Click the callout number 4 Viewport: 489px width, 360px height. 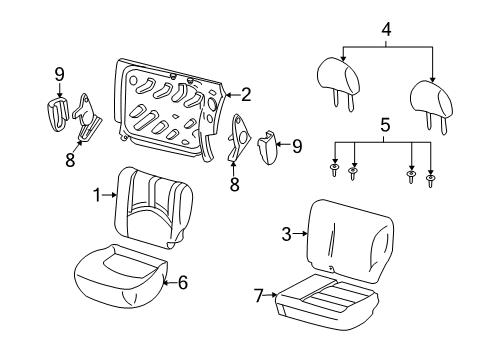pos(386,30)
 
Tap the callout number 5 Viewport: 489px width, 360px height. pos(385,125)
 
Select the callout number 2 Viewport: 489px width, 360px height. pos(246,95)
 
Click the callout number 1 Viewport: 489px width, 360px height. pos(97,195)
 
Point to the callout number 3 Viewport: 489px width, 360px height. pos(286,234)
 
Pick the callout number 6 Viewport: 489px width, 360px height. pos(183,283)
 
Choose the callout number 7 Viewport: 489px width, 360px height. pos(259,295)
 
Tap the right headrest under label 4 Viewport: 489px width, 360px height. pos(431,106)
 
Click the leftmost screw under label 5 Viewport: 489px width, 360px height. pos(334,170)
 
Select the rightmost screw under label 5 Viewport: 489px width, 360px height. pos(430,181)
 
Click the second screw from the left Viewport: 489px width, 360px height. pos(353,173)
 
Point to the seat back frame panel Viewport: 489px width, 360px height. pos(168,110)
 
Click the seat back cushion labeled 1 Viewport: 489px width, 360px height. pos(153,207)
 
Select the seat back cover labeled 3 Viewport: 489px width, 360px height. pos(350,242)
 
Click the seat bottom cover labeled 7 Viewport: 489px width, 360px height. pos(327,302)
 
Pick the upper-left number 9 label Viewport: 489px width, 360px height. pos(59,75)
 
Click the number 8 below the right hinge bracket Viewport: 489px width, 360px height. pos(235,184)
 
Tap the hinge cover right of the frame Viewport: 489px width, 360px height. pos(267,147)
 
